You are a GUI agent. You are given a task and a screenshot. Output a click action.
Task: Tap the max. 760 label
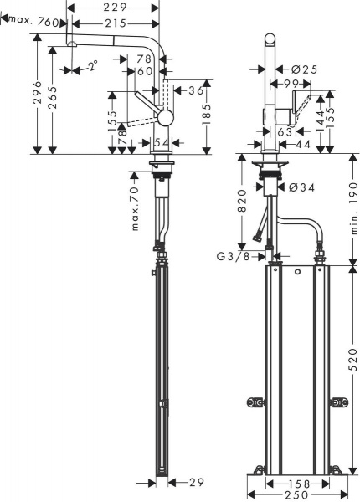point(33,23)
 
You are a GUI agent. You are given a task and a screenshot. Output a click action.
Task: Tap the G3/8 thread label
point(235,255)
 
